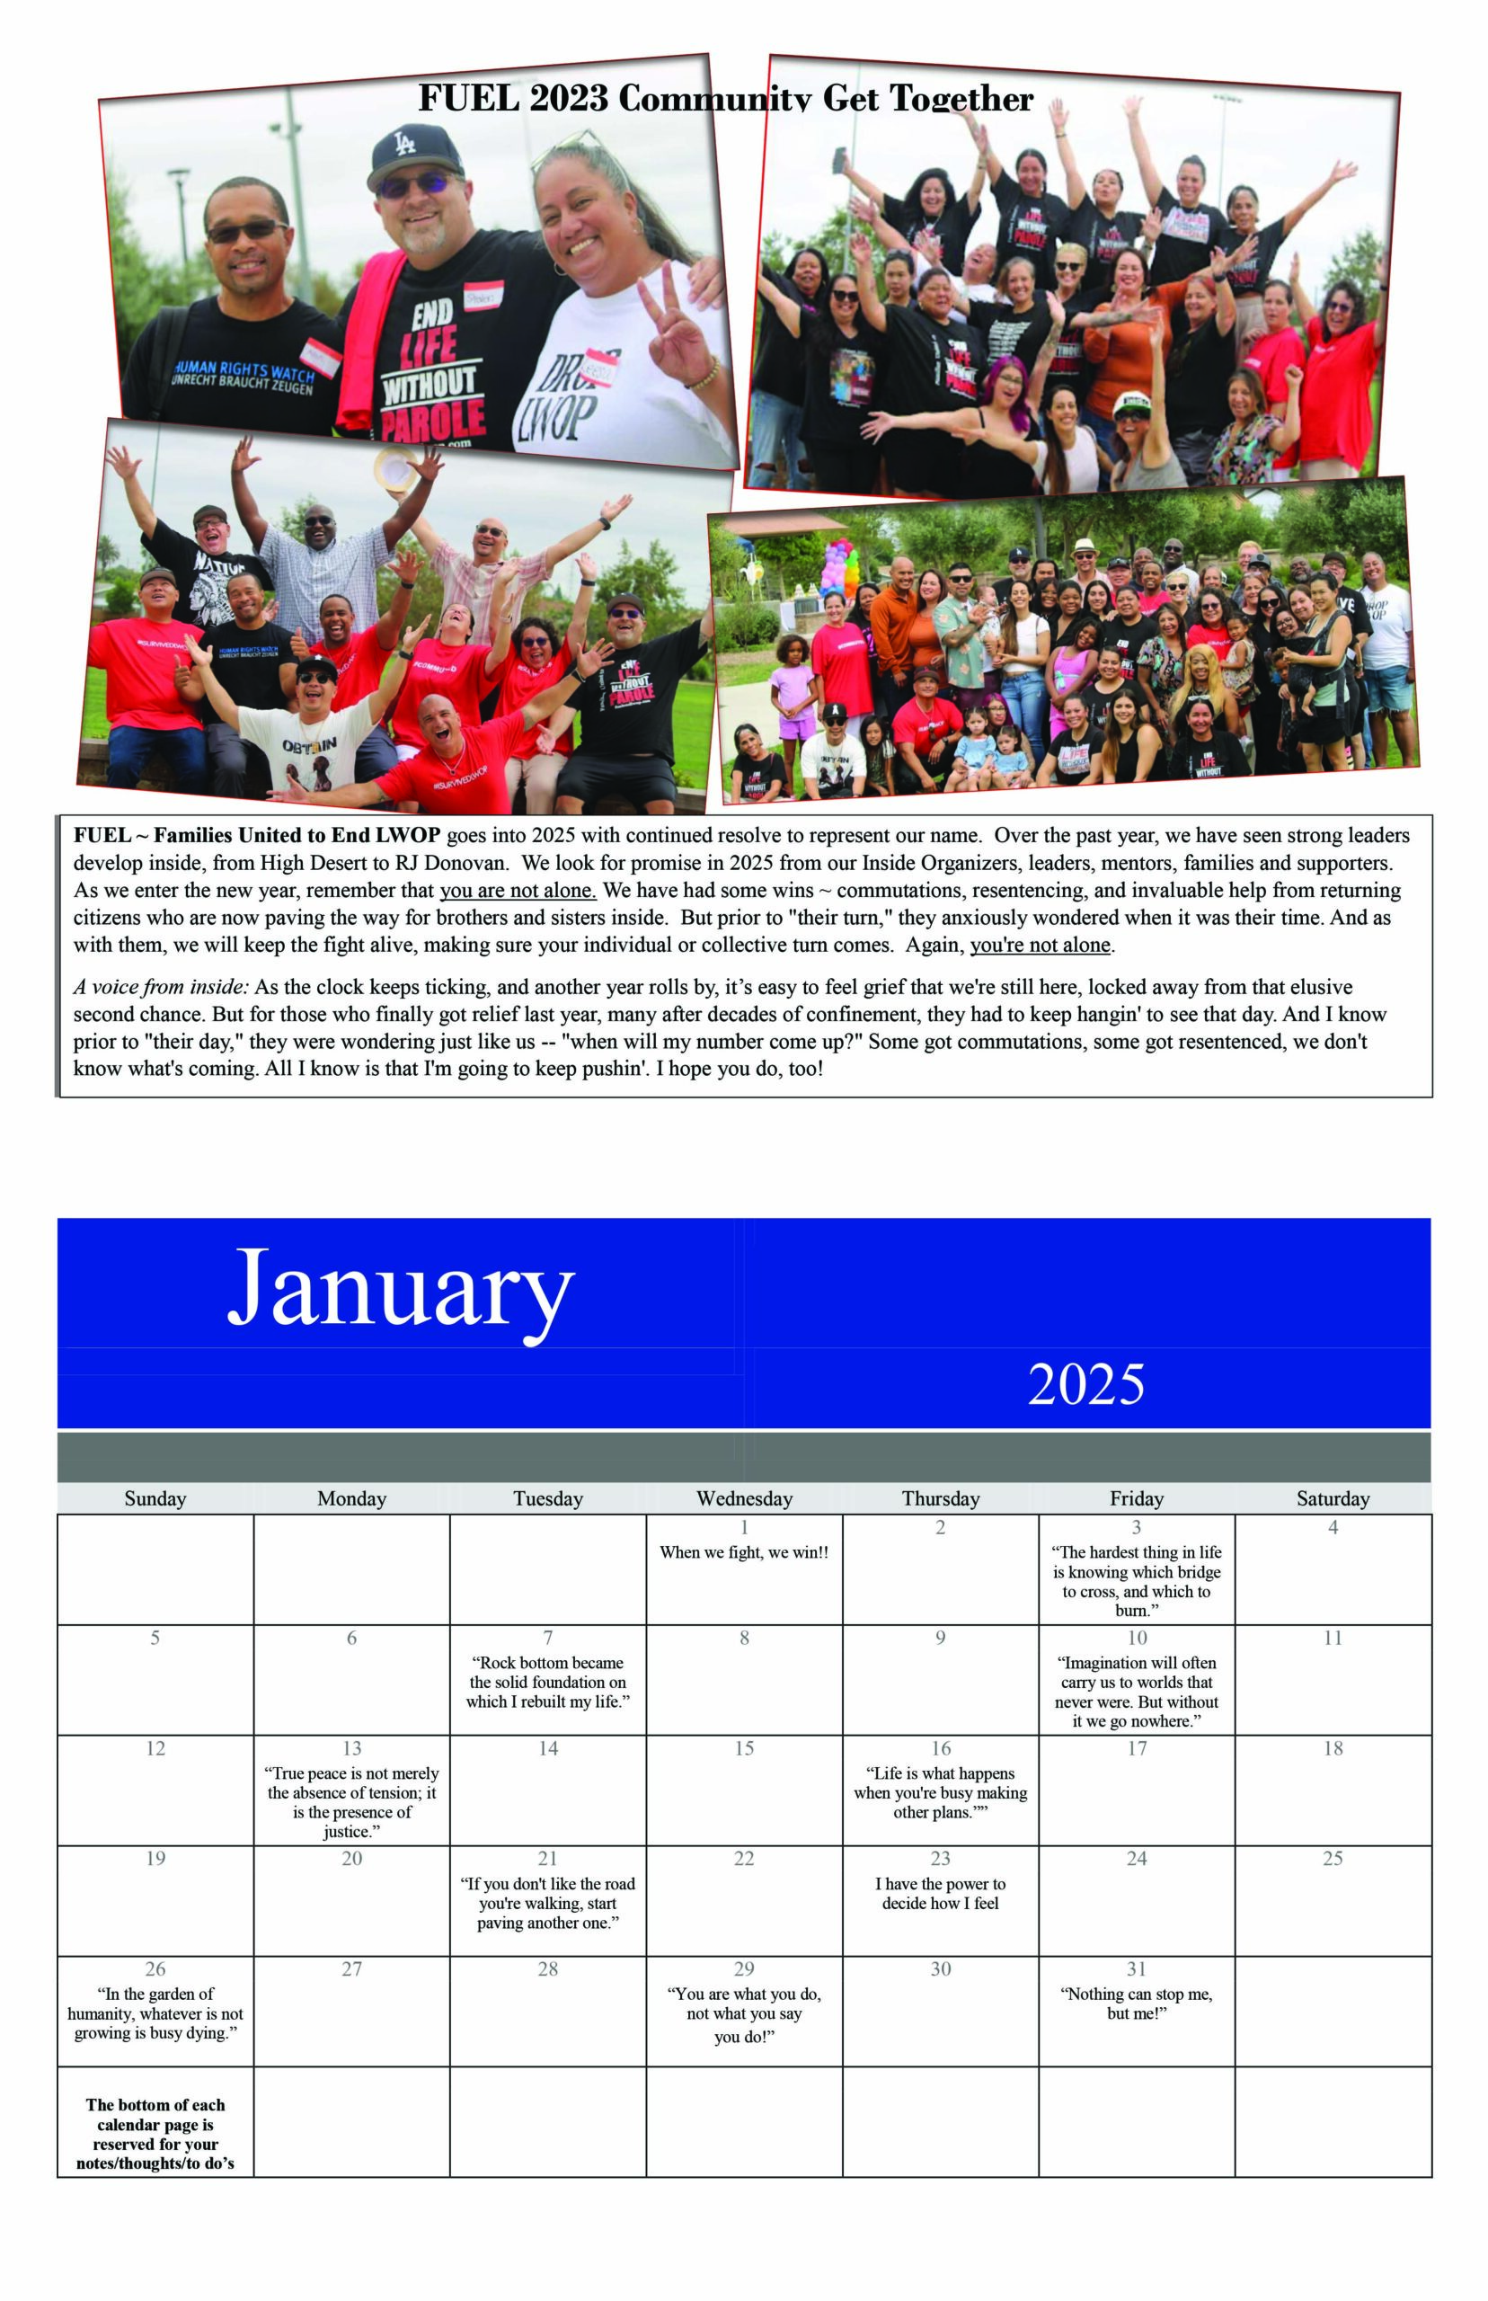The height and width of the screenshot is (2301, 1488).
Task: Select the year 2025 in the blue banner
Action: pyautogui.click(x=1085, y=1384)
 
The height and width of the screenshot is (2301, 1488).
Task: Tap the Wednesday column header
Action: pyautogui.click(x=744, y=1498)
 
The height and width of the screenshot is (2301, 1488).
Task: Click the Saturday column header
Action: pyautogui.click(x=1333, y=1498)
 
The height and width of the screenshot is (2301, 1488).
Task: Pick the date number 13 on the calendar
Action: pyautogui.click(x=351, y=1748)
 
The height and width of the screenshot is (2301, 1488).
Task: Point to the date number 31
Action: pyautogui.click(x=1137, y=1968)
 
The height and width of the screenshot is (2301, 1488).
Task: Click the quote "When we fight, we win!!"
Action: pyautogui.click(x=744, y=1552)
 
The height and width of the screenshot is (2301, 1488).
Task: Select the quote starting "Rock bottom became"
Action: pyautogui.click(x=548, y=1682)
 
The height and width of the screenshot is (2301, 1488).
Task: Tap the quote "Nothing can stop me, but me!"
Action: pyautogui.click(x=1137, y=2003)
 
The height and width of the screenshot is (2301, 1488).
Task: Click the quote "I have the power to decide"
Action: pyautogui.click(x=940, y=1893)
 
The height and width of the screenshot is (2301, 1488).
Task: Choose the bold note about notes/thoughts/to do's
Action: pyautogui.click(x=155, y=2134)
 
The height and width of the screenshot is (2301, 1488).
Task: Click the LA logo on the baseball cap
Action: pyautogui.click(x=405, y=144)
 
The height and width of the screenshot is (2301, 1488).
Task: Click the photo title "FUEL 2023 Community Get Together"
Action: pyautogui.click(x=726, y=98)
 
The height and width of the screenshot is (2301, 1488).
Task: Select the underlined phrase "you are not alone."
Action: pyautogui.click(x=518, y=890)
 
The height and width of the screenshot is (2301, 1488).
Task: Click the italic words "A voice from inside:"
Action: pyautogui.click(x=162, y=987)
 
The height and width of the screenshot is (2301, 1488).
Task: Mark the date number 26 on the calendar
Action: pyautogui.click(x=155, y=1968)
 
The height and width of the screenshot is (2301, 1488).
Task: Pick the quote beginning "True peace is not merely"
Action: pyautogui.click(x=351, y=1801)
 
